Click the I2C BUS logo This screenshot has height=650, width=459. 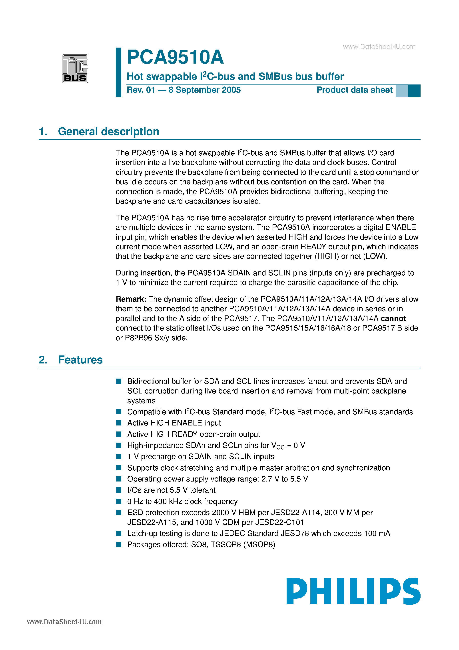click(75, 69)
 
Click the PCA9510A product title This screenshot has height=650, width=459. click(175, 57)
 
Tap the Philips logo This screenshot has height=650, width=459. click(353, 591)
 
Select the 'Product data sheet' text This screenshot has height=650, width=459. click(354, 90)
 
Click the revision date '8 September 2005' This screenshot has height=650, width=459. click(204, 90)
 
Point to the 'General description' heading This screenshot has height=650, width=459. click(108, 132)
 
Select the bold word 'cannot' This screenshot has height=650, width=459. click(393, 319)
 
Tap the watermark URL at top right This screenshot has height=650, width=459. click(379, 47)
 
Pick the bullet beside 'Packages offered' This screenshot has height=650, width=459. click(119, 544)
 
